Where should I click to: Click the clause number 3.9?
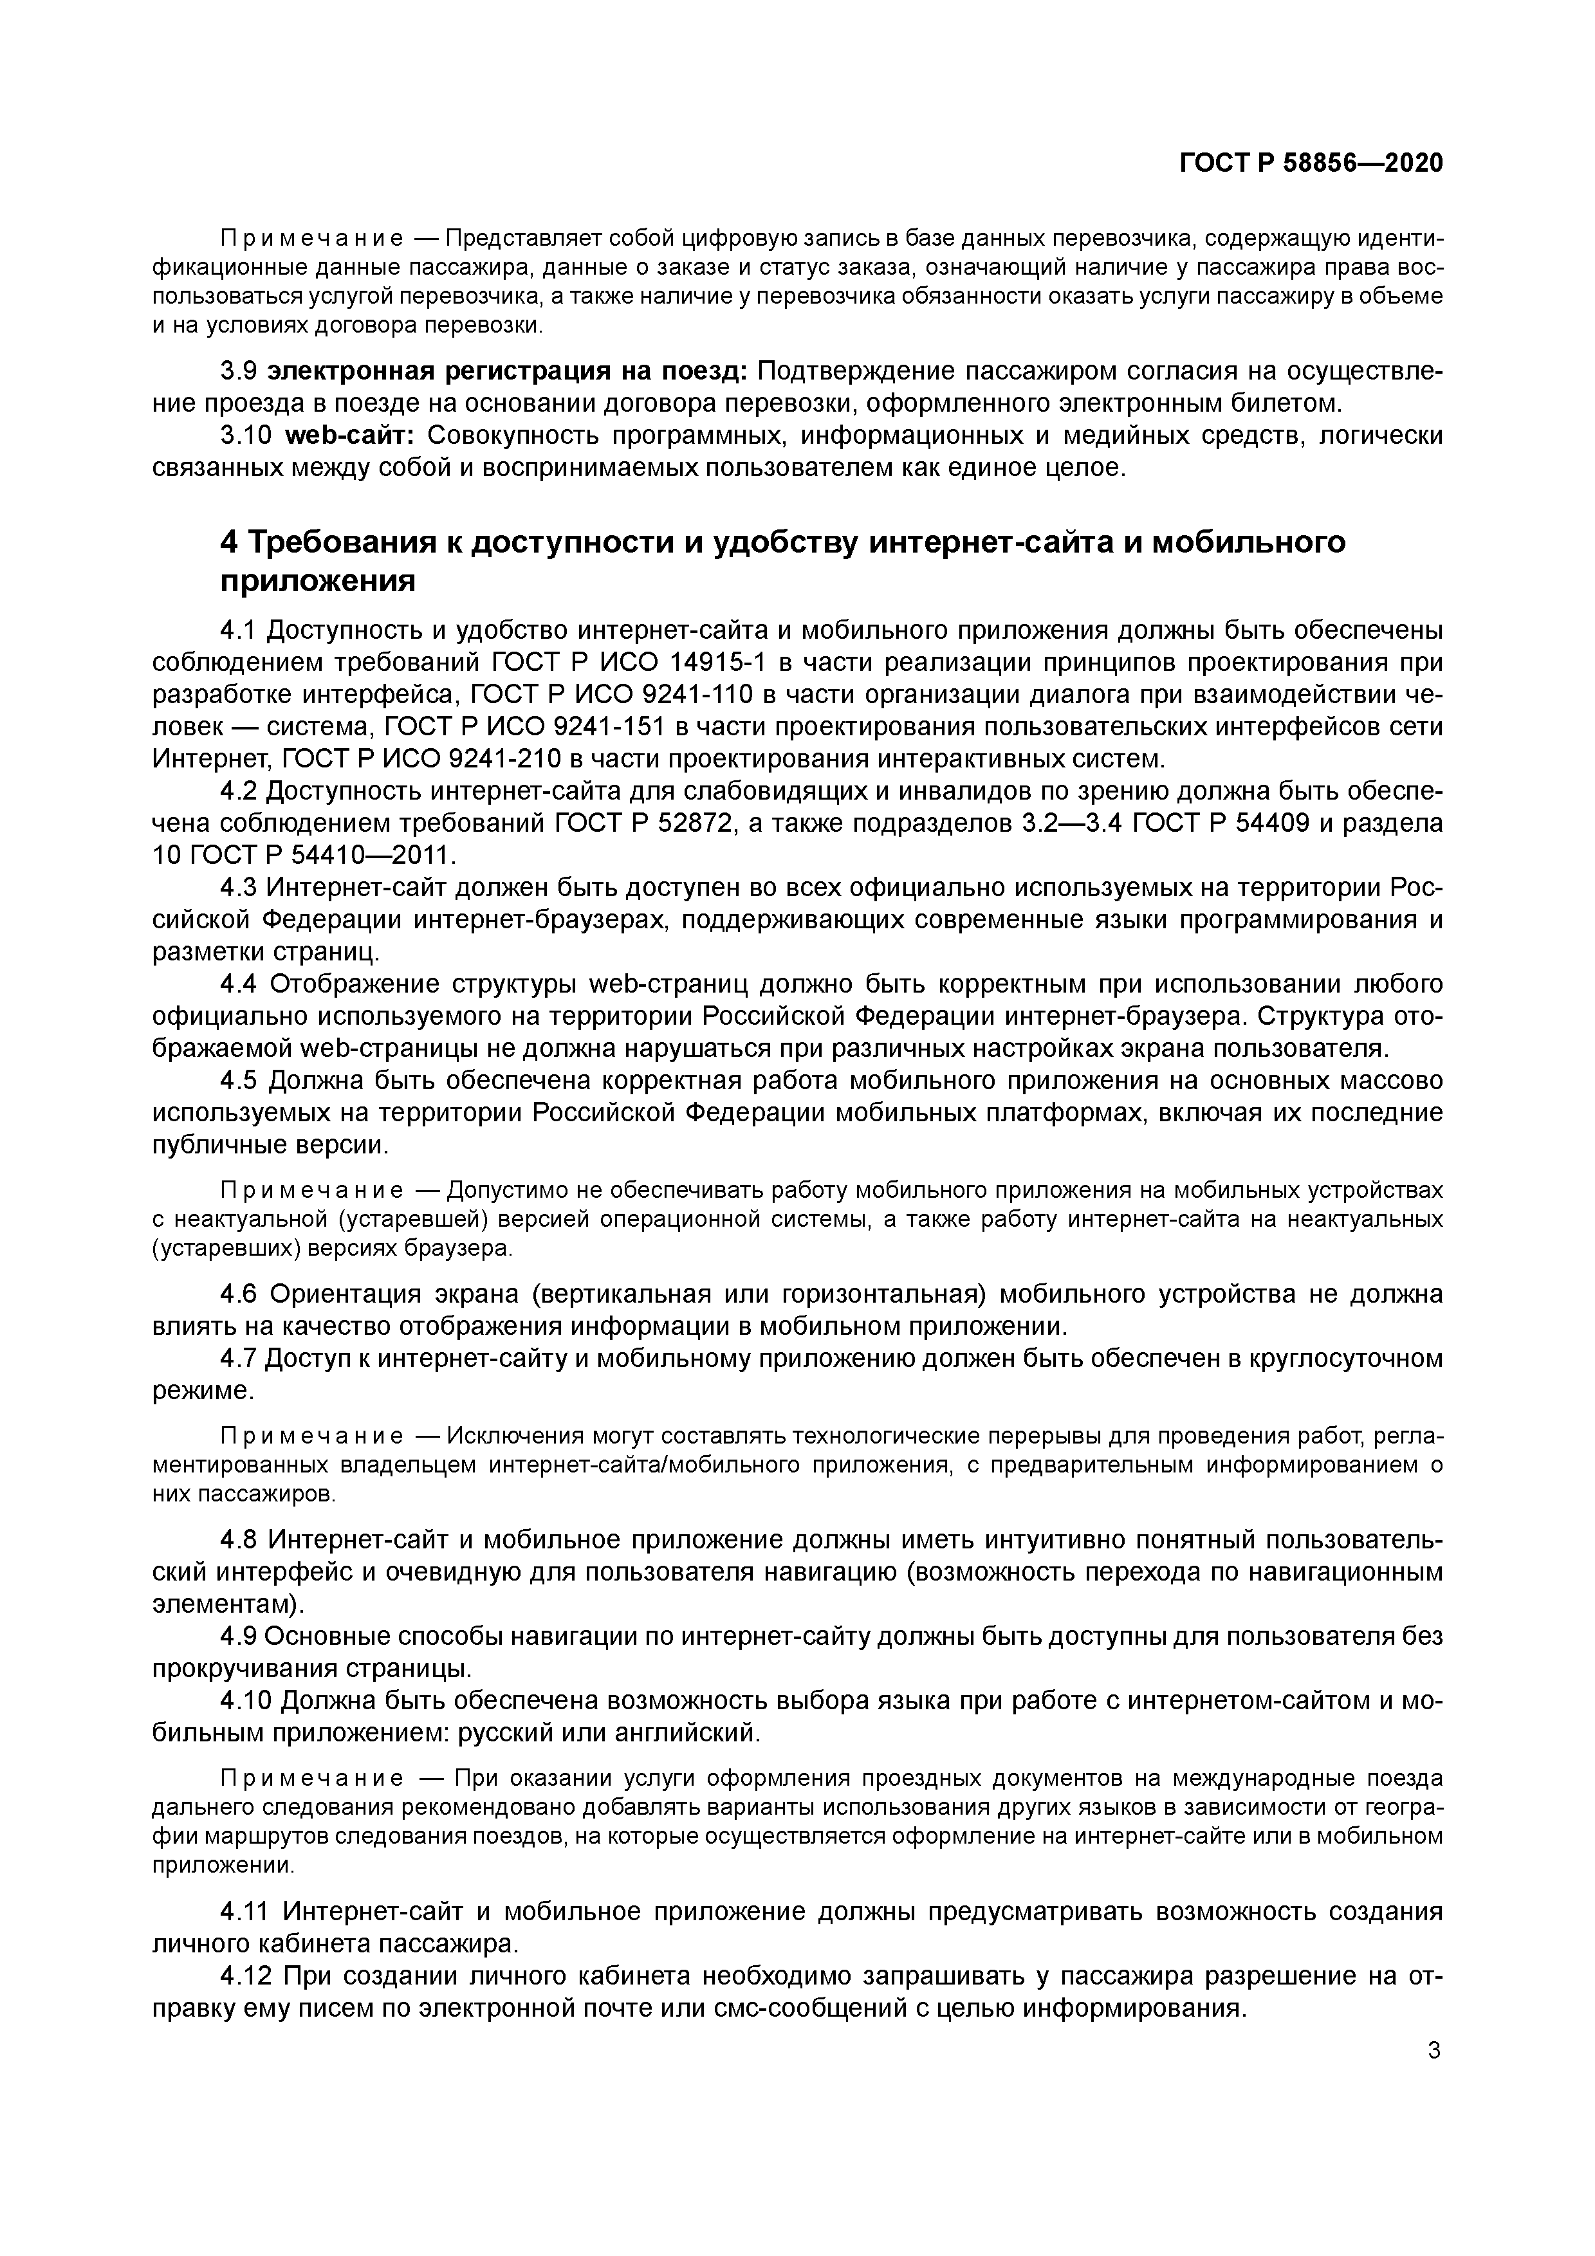tap(238, 371)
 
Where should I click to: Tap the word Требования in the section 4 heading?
tap(349, 542)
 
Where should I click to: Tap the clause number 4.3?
tap(238, 887)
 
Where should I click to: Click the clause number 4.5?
tap(238, 1081)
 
